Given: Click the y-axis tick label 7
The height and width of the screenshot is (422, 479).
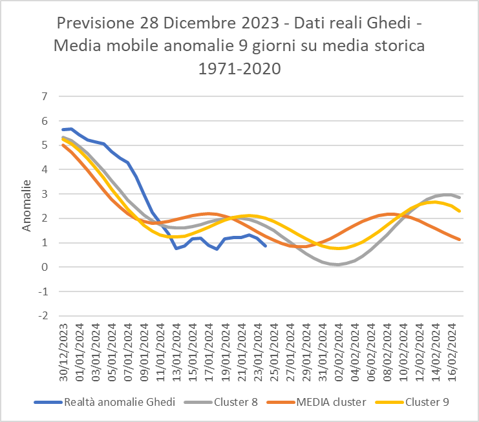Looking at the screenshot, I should click(45, 97).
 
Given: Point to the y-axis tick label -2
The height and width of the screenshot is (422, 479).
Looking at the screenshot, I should click(43, 316).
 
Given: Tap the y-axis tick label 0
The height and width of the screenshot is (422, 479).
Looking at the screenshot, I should click(45, 268).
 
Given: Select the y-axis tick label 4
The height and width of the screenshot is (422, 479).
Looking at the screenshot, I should click(45, 170).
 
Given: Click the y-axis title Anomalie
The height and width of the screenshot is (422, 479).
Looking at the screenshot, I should click(27, 206).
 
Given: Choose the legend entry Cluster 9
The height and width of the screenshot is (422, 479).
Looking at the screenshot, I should click(427, 402).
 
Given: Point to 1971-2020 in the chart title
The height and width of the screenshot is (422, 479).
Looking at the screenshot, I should click(240, 68).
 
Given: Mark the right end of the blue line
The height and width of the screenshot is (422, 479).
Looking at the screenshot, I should click(266, 246).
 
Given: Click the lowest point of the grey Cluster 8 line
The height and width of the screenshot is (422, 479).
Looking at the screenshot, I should click(338, 264).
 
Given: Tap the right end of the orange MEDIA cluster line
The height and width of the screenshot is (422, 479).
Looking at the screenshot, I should click(459, 240).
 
